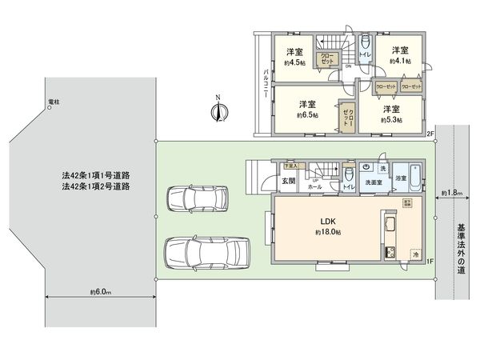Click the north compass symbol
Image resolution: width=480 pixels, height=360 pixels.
218,111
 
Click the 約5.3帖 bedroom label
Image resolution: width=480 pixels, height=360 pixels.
390,113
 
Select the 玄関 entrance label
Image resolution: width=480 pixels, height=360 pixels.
287,180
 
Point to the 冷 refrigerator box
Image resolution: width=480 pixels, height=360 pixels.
415,254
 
